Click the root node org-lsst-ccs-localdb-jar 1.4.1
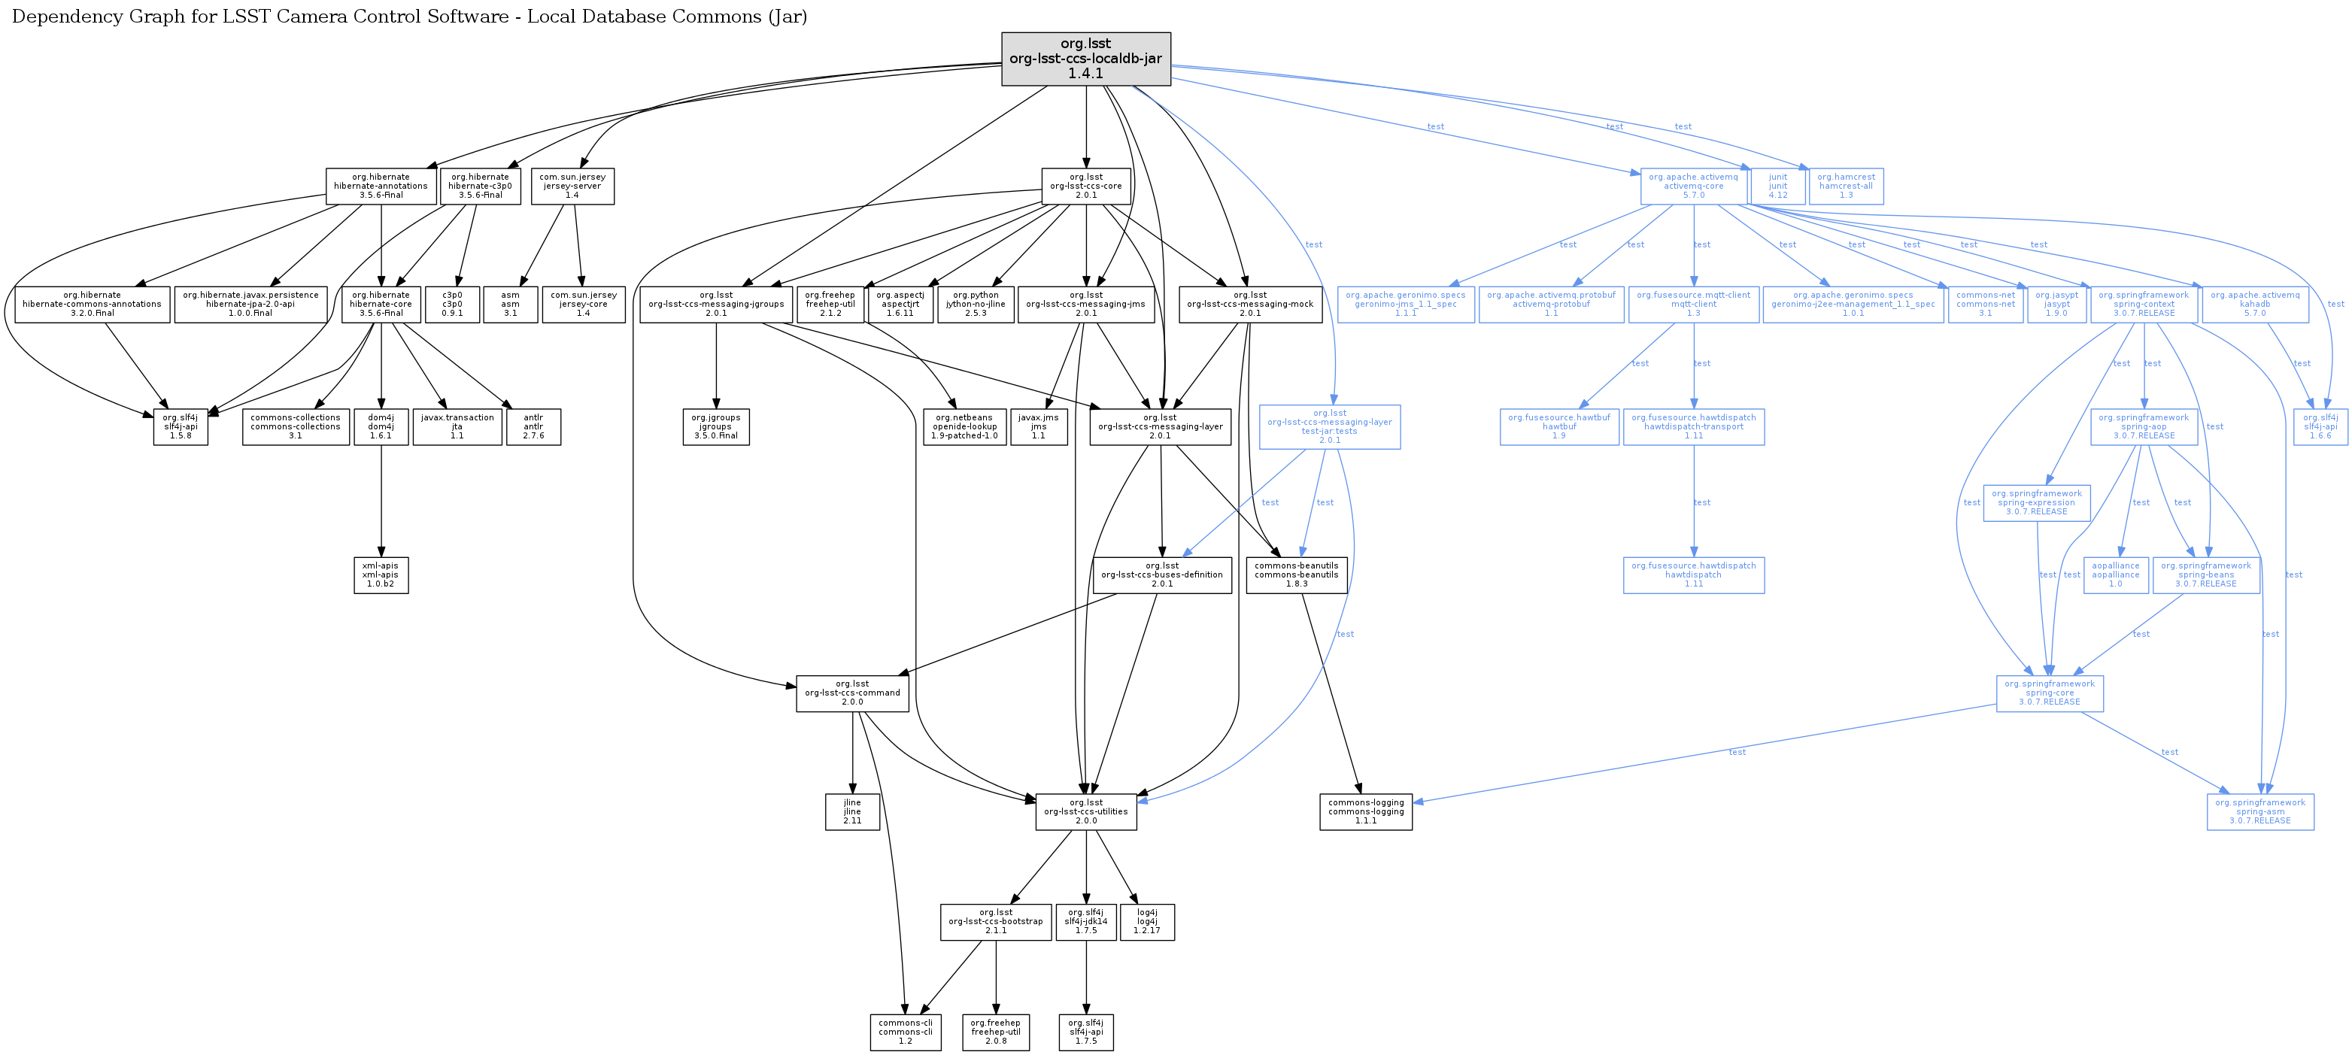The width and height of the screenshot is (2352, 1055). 1085,59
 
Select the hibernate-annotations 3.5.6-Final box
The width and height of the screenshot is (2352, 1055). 381,186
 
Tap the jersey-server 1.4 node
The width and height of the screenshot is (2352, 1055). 572,186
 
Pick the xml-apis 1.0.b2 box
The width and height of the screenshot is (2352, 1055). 381,575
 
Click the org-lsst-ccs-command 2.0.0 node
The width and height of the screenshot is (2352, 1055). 852,693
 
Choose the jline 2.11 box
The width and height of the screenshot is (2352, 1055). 852,811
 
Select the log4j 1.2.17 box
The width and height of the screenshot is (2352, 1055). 1147,922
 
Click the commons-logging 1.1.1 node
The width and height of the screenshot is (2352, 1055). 1366,811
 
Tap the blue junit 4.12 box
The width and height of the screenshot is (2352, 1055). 1777,186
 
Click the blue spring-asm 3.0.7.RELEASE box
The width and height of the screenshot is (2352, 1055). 2259,811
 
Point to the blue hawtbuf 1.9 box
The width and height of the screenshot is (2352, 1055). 1558,426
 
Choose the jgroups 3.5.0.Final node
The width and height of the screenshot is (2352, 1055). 716,426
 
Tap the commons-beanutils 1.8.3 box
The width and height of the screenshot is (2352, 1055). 1296,575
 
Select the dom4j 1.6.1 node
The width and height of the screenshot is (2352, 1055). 381,426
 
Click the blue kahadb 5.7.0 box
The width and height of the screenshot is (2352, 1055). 2254,304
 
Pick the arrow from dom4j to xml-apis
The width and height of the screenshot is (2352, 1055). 381,502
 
